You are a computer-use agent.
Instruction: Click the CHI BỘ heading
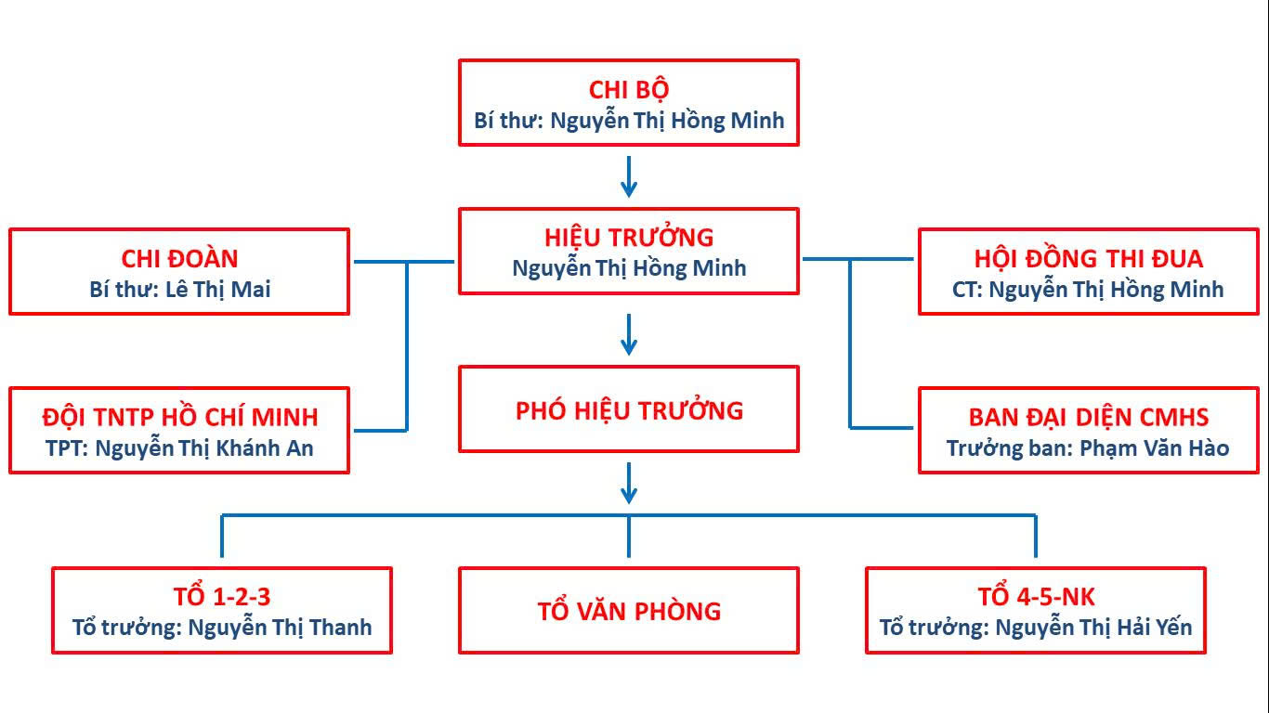629,89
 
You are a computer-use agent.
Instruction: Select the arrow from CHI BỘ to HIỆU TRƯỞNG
629,176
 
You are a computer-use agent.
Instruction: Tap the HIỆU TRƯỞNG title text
629,237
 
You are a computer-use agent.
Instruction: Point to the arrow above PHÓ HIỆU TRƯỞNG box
629,334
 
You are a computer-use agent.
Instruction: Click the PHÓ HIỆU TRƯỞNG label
629,409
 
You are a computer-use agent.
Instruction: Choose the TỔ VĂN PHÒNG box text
629,611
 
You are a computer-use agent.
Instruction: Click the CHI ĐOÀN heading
179,258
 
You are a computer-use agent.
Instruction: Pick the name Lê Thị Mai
217,290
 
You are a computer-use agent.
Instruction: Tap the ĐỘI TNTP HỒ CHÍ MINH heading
179,417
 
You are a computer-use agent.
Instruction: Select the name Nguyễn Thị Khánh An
204,448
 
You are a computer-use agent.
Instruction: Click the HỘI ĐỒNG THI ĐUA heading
1088,258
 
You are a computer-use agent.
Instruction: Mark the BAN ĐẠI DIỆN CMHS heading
1088,417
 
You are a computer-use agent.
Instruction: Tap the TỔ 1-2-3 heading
222,596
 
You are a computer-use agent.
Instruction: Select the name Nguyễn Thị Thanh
280,628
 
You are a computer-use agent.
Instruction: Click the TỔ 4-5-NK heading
1036,596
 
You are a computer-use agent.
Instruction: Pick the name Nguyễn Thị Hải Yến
1093,628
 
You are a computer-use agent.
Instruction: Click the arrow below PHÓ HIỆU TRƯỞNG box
629,483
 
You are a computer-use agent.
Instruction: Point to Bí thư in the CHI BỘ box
505,121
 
